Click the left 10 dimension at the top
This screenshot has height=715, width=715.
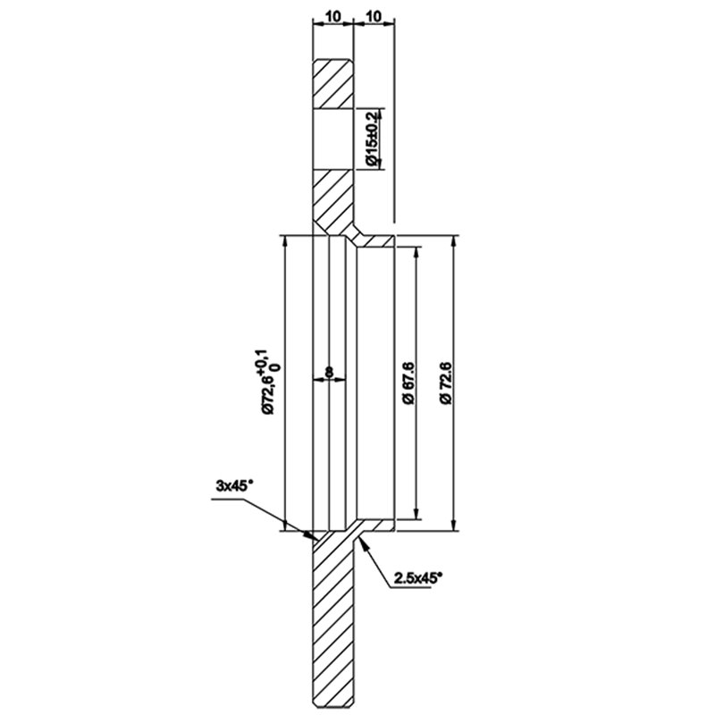coord(333,17)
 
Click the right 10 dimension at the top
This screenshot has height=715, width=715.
coord(374,17)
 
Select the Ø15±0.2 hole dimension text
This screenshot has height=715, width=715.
coord(373,139)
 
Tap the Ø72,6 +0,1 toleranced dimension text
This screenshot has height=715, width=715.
coord(270,382)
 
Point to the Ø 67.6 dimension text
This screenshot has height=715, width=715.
coord(408,383)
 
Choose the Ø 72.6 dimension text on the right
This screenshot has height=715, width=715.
coord(445,383)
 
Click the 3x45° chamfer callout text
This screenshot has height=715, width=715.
coord(234,486)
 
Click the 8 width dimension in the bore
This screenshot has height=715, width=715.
coord(329,372)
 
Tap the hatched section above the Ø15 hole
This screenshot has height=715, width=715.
coord(332,84)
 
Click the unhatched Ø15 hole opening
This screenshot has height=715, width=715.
coord(332,139)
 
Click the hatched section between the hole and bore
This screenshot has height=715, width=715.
coord(333,200)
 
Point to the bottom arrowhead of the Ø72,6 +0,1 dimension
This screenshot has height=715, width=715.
coord(285,524)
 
